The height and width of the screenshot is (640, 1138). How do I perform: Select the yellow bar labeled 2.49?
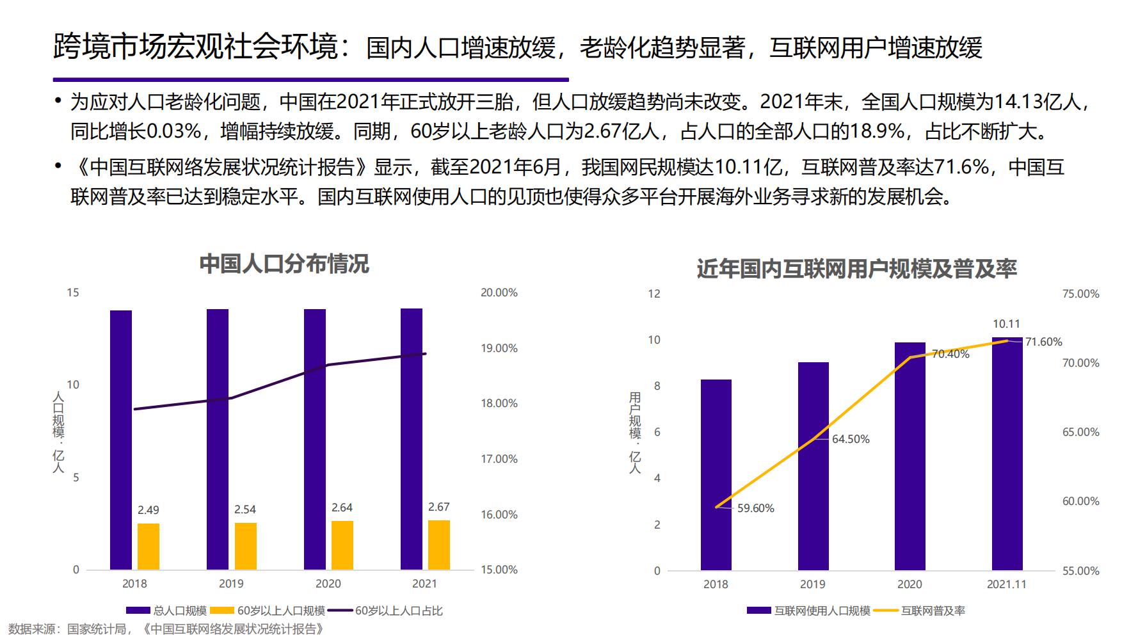148,546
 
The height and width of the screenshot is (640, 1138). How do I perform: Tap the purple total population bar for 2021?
411,438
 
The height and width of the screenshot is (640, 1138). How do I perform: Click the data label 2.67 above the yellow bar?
438,507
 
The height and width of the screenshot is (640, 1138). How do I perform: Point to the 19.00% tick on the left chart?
499,348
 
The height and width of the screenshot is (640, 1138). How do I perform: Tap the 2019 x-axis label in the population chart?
231,584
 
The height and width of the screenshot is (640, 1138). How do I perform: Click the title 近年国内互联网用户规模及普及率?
856,269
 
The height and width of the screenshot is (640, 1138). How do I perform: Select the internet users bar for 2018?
716,474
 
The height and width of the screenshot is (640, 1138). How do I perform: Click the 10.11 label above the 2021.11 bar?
1006,324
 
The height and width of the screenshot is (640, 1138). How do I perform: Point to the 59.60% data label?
755,508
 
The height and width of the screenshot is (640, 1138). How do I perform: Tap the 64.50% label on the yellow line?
851,439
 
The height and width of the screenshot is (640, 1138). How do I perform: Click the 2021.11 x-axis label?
1006,584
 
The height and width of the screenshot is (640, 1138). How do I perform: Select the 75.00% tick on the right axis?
1080,294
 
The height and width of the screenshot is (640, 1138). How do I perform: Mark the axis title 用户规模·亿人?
634,433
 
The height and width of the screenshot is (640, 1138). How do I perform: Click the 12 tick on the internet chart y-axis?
653,294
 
